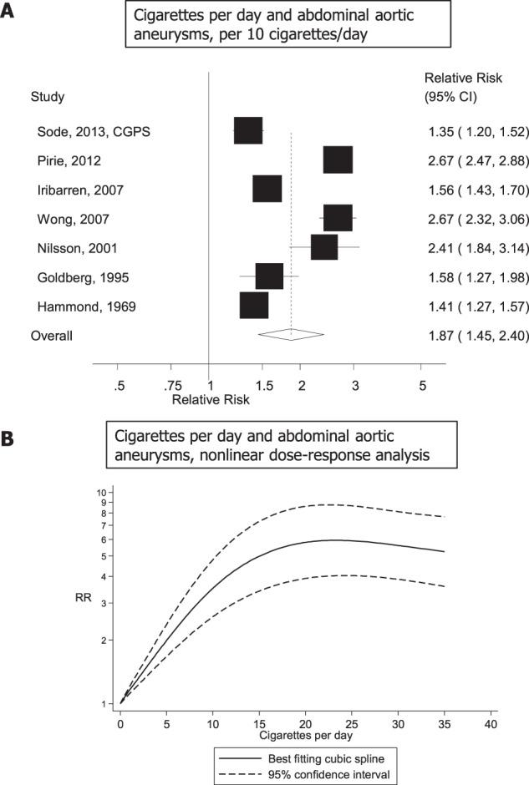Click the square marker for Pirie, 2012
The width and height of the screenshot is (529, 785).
click(x=338, y=160)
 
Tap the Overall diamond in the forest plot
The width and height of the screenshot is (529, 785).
click(x=291, y=335)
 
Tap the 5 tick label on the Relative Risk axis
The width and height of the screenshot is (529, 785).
click(x=421, y=385)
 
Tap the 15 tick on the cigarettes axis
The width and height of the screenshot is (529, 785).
click(x=259, y=722)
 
